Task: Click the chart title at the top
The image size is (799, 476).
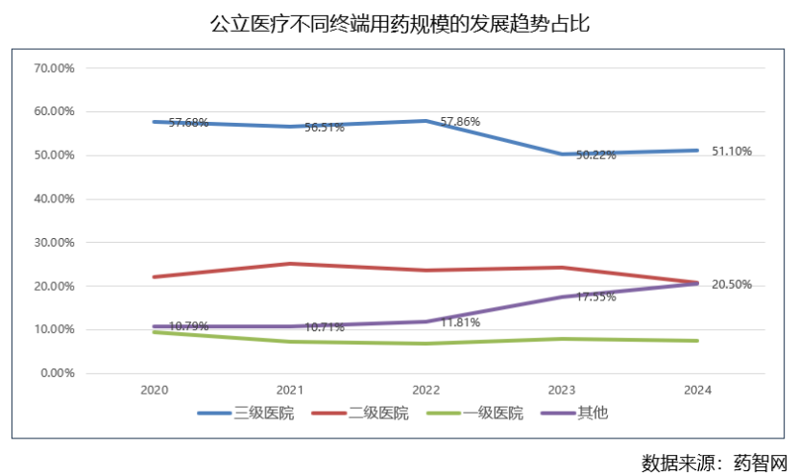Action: [399, 23]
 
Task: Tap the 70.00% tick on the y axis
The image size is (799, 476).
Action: [55, 68]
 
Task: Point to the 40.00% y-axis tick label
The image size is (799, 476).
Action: [55, 199]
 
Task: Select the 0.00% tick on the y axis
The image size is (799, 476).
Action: [58, 373]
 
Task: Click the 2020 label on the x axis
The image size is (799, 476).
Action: [154, 391]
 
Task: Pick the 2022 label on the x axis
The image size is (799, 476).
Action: [425, 391]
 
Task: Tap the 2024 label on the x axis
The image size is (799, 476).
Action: [697, 391]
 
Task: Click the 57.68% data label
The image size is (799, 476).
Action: [188, 123]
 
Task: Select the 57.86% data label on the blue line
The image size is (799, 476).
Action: [460, 122]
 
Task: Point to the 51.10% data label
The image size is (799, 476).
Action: [732, 151]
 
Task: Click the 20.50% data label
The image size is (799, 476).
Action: [732, 285]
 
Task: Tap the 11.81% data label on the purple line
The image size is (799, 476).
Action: [460, 322]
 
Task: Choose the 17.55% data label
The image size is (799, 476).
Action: [595, 297]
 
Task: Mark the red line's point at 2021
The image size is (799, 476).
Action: [290, 264]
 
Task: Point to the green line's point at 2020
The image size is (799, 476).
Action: [154, 332]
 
